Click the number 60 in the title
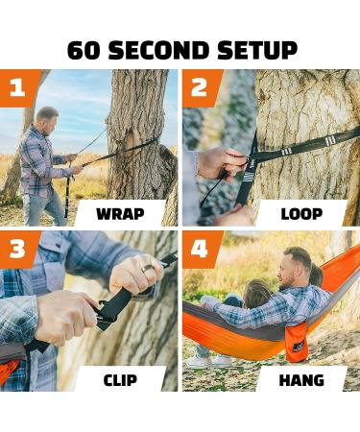point(84,50)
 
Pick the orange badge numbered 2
point(199,87)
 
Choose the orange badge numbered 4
point(199,250)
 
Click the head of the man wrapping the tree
point(46,117)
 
